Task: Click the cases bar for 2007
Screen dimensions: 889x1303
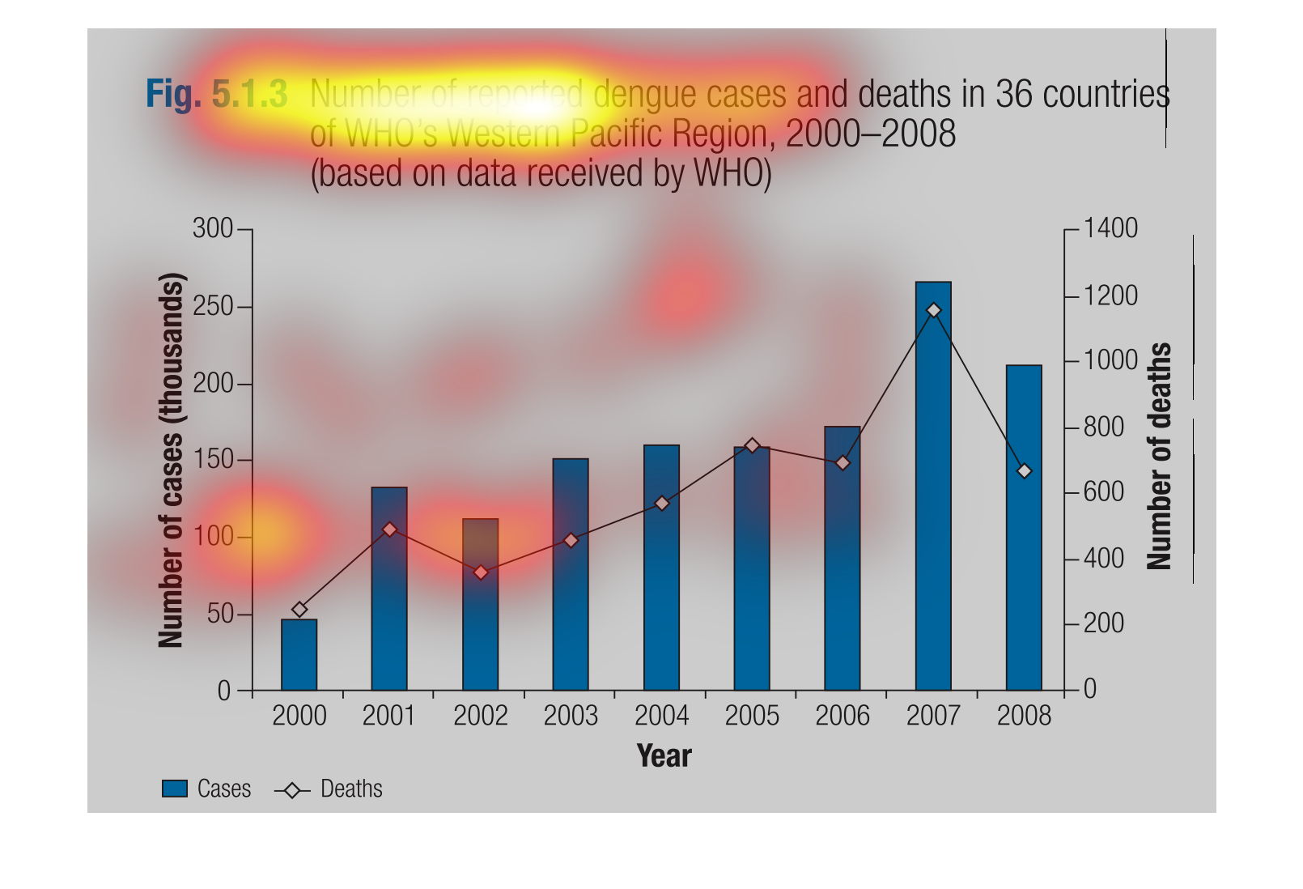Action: pos(933,502)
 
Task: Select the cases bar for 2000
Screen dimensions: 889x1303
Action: pos(299,655)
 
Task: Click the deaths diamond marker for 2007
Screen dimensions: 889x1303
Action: pos(933,310)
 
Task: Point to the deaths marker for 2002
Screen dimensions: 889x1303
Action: pos(481,572)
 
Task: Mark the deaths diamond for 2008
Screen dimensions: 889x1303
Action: pos(1024,470)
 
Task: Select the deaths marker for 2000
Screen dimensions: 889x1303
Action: pos(299,610)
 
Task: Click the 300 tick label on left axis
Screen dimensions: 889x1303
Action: pos(212,229)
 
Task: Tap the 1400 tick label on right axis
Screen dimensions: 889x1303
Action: pos(1110,228)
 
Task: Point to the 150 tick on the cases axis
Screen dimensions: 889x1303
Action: pos(212,460)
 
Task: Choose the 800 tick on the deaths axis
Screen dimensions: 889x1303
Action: pos(1103,427)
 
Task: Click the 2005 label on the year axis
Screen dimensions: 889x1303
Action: pos(752,716)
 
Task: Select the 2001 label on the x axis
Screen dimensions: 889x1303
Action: pos(389,716)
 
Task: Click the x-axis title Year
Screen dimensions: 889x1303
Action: pos(664,755)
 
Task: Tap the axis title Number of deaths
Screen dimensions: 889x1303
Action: pos(1159,456)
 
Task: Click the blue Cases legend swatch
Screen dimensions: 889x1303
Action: pos(175,789)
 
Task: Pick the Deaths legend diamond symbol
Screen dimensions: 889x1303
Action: pos(292,789)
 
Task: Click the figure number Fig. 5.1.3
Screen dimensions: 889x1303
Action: pos(216,94)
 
